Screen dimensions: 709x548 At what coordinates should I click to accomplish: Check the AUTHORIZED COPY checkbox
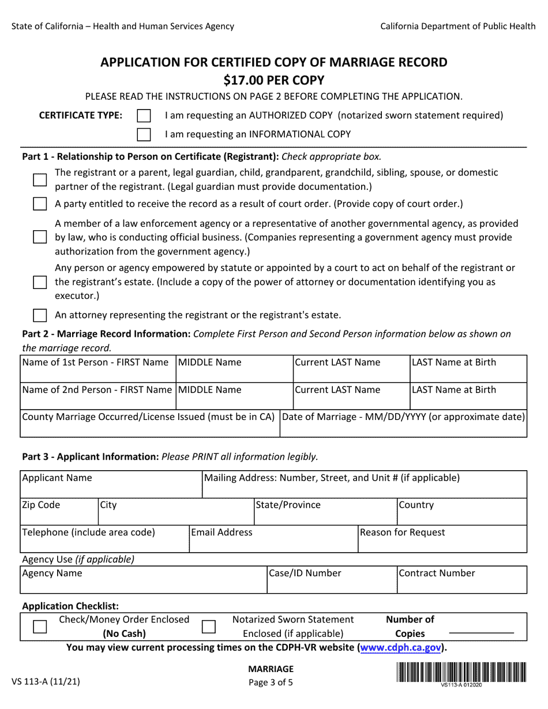(144, 116)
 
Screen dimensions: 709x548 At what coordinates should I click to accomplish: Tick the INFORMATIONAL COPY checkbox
(144, 135)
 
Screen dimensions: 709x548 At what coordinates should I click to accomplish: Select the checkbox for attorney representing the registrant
(40, 316)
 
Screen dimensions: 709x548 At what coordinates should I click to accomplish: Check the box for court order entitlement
(40, 204)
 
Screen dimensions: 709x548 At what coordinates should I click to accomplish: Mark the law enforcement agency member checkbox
(40, 237)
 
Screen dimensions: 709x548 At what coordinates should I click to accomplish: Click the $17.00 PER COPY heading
(274, 80)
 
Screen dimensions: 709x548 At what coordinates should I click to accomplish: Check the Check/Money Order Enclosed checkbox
(40, 627)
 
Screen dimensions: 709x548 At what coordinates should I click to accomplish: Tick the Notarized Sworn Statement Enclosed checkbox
(208, 627)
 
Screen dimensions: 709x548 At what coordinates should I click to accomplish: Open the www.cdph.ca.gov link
(401, 648)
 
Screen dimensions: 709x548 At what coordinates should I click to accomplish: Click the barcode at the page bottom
(461, 673)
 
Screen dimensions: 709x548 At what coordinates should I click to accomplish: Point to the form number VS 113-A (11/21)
(46, 681)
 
